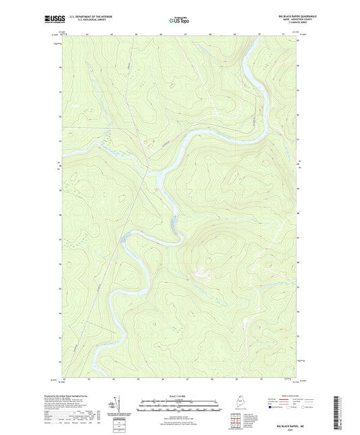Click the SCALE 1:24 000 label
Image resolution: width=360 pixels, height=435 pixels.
(x=180, y=396)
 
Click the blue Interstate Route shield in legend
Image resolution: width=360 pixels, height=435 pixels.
(x=271, y=409)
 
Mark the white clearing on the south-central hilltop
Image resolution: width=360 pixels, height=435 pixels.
(x=201, y=274)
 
